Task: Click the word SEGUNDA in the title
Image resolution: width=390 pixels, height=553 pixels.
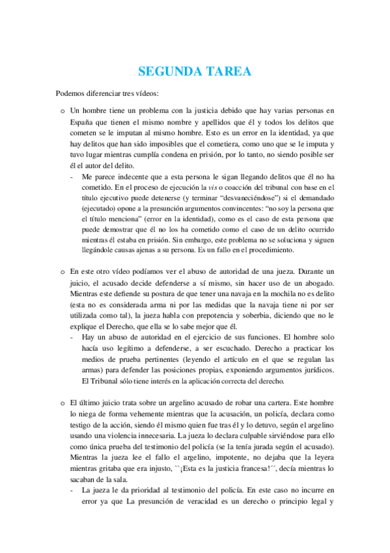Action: coord(167,72)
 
